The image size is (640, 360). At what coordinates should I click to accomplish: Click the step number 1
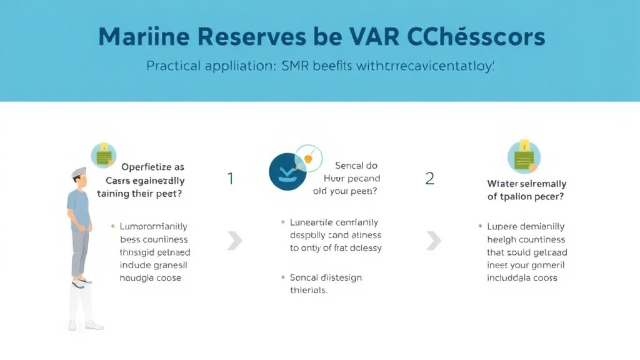click(230, 179)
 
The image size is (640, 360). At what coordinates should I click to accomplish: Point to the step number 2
click(429, 179)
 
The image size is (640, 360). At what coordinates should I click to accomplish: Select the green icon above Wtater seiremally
click(524, 156)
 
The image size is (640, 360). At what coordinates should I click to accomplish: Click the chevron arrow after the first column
click(235, 240)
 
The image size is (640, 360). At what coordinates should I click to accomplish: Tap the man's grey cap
click(78, 172)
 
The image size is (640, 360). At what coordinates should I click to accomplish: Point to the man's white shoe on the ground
click(94, 325)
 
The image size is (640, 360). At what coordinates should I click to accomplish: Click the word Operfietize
click(152, 167)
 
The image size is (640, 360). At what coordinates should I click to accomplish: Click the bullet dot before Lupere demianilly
click(480, 226)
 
